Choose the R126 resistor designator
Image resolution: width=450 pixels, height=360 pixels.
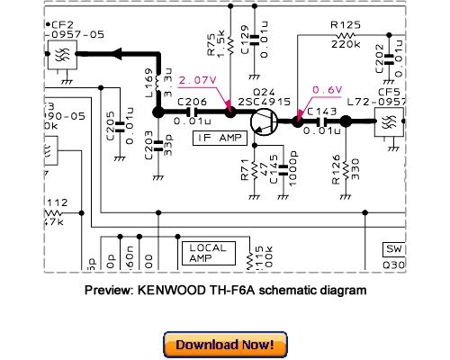pos(335,169)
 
